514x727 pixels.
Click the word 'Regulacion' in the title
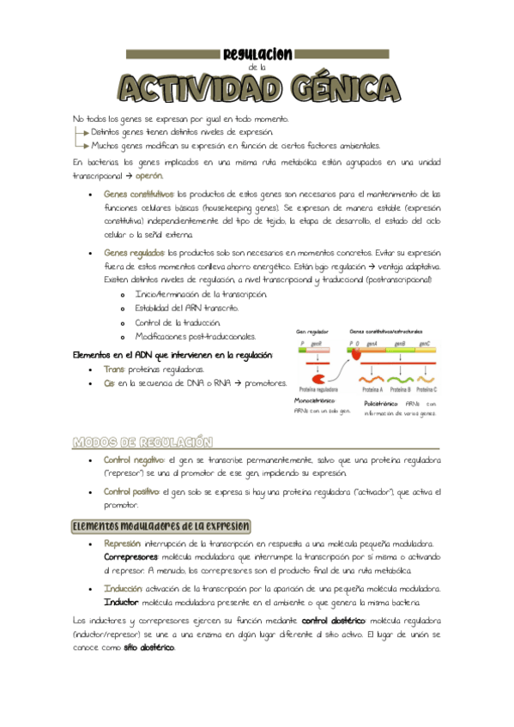[257, 55]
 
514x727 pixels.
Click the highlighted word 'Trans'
[113, 370]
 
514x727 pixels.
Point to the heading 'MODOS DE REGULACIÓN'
[142, 442]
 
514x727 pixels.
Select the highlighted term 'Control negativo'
[133, 460]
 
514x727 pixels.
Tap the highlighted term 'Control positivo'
[132, 492]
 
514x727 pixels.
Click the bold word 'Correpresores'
[130, 556]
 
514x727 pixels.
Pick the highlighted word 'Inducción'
[123, 589]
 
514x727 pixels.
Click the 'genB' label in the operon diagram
[400, 343]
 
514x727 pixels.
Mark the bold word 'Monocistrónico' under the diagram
[314, 400]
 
